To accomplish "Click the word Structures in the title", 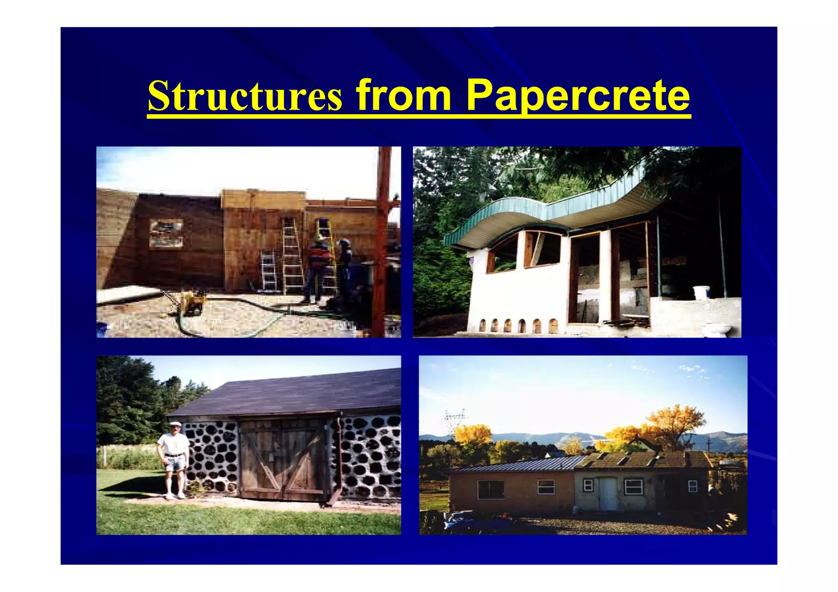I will click(245, 96).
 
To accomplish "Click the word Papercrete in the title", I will click(578, 96).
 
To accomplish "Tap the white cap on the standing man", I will click(176, 424).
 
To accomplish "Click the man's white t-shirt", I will click(173, 443).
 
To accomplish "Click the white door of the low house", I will click(608, 494).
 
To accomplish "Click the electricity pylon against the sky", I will click(455, 419).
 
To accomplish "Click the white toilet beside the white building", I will click(716, 329).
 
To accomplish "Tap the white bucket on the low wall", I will click(701, 292).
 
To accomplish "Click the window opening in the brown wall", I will click(166, 234).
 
